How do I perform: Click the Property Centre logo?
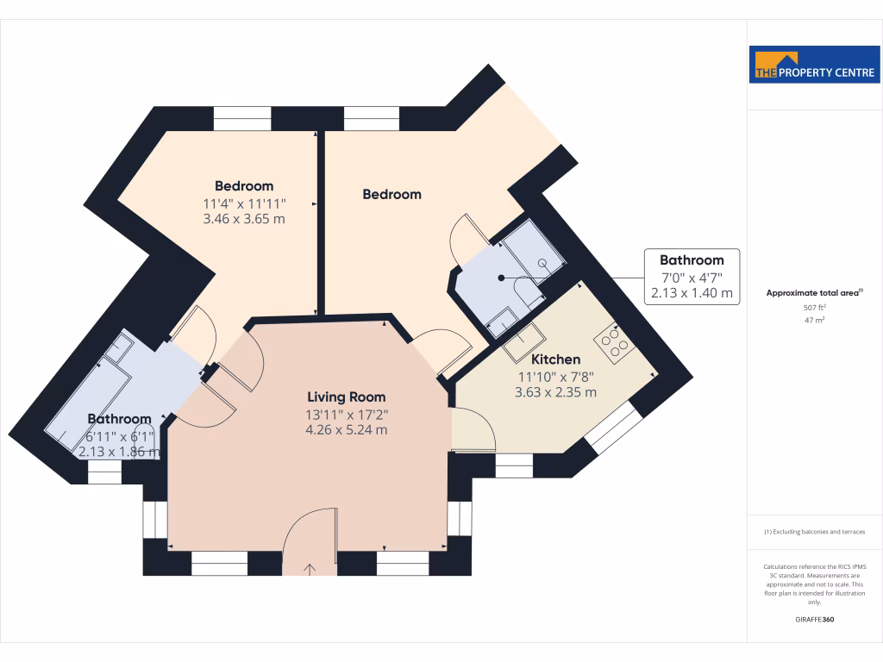click(x=815, y=65)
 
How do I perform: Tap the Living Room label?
click(x=346, y=397)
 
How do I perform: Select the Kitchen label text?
click(x=555, y=359)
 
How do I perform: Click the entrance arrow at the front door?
click(x=310, y=568)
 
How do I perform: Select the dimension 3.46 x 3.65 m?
click(x=244, y=219)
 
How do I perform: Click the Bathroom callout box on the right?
click(x=692, y=277)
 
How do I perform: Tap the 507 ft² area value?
click(x=815, y=307)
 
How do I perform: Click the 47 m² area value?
click(x=815, y=320)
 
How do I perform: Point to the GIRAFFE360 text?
click(x=815, y=619)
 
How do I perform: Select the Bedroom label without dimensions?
click(x=391, y=195)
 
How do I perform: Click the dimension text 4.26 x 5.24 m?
click(x=347, y=429)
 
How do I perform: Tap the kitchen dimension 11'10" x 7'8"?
click(x=555, y=376)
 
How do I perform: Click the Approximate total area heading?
click(x=813, y=293)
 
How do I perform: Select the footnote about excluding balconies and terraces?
click(x=815, y=532)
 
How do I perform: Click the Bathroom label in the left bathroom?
click(x=119, y=419)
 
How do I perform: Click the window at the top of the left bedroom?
click(x=242, y=118)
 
